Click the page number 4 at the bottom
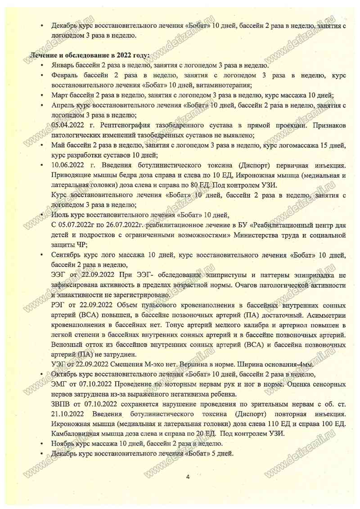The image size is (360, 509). pyautogui.click(x=188, y=477)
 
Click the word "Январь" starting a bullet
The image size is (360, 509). pyautogui.click(x=63, y=65)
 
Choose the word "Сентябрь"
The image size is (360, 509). pyautogui.click(x=66, y=255)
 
